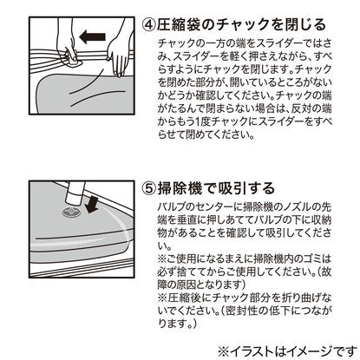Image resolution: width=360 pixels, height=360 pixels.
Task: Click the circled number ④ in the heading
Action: (149, 25)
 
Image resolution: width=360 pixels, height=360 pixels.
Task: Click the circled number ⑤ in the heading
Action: (149, 189)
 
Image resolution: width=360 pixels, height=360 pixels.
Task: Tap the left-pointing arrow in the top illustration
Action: (92, 37)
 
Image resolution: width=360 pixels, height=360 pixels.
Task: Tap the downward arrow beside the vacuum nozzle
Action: (92, 204)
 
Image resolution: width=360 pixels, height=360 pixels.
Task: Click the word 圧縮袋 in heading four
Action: (178, 25)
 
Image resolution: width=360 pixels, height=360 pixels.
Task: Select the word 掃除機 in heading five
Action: (180, 188)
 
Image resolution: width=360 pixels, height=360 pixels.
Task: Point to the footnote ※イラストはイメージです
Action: (287, 351)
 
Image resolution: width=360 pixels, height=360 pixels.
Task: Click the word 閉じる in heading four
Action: (306, 25)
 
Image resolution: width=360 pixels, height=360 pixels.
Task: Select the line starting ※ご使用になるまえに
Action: (245, 259)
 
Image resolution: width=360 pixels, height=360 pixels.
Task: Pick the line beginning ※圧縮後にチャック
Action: (245, 298)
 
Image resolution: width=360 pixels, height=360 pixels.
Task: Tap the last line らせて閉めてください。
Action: (206, 134)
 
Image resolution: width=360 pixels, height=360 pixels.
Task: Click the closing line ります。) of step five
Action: (177, 324)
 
